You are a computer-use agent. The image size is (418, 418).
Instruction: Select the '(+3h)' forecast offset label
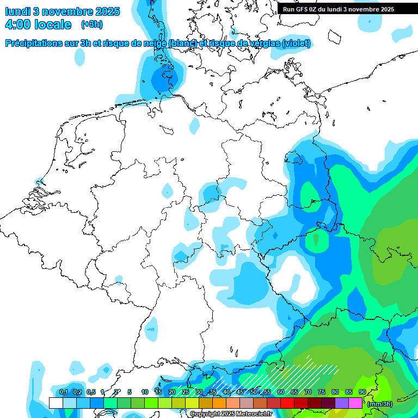coord(91,24)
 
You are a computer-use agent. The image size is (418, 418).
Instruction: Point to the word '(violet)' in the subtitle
coord(297,43)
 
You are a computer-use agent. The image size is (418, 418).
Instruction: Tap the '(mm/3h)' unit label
coord(380,404)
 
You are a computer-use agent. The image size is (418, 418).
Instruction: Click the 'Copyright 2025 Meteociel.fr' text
coord(231,414)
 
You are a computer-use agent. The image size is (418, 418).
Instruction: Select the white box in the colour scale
coord(56,403)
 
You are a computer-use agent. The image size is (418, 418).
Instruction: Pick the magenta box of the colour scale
coord(355,403)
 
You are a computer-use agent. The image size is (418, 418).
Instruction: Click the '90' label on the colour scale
coord(362,392)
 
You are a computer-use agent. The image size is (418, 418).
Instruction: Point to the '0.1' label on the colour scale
coord(63,392)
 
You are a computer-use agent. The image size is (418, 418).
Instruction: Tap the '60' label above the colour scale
coord(281,392)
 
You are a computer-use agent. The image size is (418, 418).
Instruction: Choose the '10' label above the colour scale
coord(145,392)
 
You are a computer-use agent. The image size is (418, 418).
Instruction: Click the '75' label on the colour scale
coord(322,392)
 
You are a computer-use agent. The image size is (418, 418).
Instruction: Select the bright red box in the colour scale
coord(287,403)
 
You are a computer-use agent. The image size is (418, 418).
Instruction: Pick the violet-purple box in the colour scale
coord(342,403)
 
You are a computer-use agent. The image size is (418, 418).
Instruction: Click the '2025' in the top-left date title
coord(108,11)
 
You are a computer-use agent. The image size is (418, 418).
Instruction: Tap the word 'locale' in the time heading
coord(52,24)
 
